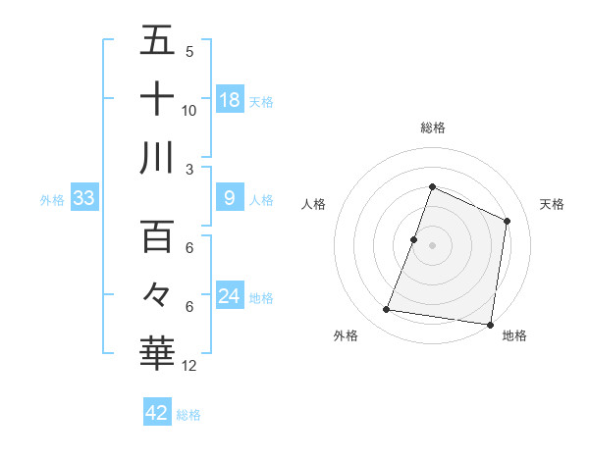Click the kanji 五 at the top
coord(157,41)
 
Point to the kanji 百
coord(157,236)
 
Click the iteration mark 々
coord(157,294)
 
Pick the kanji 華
coord(157,351)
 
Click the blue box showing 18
coord(230,100)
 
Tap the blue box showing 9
coord(230,199)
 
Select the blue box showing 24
coord(230,297)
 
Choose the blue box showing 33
coord(84,199)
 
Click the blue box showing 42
coord(157,413)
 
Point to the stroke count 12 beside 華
coord(189,366)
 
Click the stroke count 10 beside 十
coord(189,111)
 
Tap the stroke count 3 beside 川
coord(189,170)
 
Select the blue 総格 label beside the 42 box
coord(188,415)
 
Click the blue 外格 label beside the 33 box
coord(52,200)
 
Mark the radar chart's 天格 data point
coord(508,221)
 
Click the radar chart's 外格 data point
coord(387,310)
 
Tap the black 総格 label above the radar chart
coord(433,128)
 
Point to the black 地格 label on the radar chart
coord(514,336)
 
